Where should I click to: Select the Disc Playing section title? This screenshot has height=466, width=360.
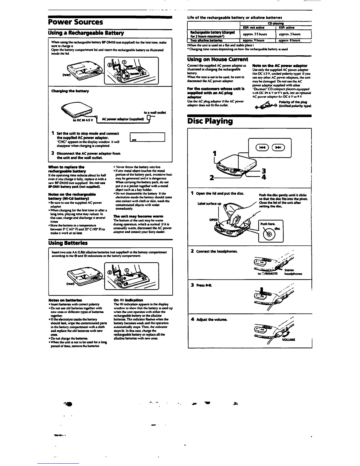pos(210,121)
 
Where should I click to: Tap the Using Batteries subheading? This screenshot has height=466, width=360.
pos(68,243)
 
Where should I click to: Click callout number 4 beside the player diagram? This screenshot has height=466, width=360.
pos(264,177)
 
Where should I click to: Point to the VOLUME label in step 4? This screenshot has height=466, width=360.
pos(289,339)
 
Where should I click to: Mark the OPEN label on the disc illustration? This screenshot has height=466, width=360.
pos(213,220)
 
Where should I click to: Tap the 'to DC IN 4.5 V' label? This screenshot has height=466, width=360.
pos(83,120)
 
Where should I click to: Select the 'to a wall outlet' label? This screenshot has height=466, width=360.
pos(155,112)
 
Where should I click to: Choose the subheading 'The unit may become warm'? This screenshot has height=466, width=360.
pos(130,216)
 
